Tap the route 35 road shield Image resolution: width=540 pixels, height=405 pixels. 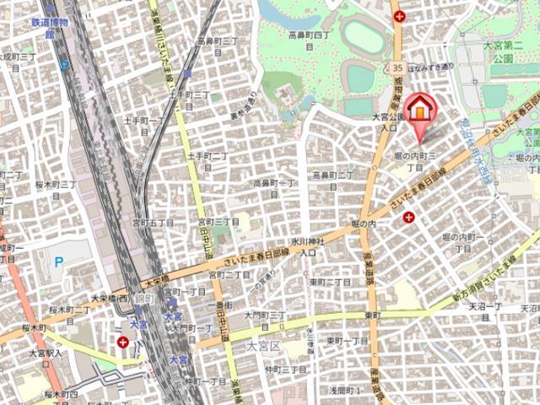coord(397,67)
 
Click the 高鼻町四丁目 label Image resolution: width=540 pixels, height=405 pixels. coord(308,40)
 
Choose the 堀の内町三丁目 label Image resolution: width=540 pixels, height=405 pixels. coord(415,162)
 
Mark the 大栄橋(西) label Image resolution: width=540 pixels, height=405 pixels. coord(111,297)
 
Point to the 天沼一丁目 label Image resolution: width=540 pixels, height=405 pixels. coord(485,309)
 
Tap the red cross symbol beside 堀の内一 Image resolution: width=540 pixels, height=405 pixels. coord(408,217)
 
